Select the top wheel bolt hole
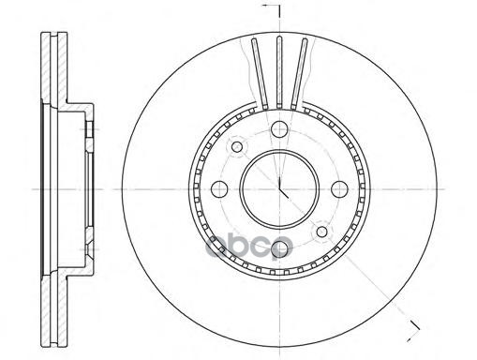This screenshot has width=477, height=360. [x=279, y=128]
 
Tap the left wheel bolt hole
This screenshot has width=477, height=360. [x=219, y=189]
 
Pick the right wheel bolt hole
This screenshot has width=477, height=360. [x=339, y=189]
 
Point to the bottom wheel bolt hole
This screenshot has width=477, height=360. [x=279, y=249]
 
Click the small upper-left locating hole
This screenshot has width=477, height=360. [x=237, y=146]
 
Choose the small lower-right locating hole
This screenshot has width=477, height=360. [x=322, y=232]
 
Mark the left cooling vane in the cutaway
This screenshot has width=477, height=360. [x=260, y=73]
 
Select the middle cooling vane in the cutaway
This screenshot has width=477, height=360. [x=279, y=72]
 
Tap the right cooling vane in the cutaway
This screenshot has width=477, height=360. [x=299, y=73]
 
